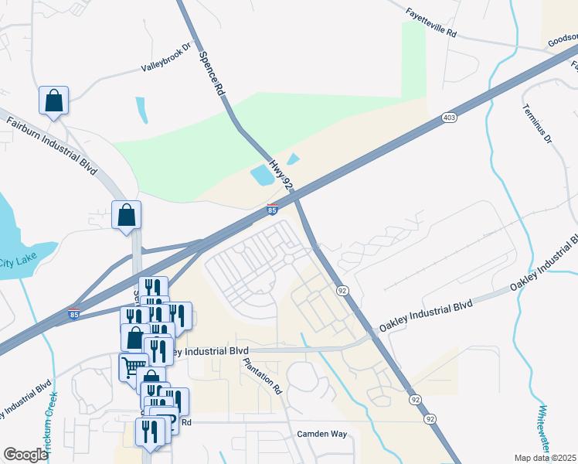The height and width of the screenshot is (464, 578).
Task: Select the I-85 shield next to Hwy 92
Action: pyautogui.click(x=272, y=210)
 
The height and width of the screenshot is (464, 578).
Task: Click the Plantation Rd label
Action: pyautogui.click(x=262, y=376)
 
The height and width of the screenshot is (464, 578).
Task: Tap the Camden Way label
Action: pyautogui.click(x=322, y=435)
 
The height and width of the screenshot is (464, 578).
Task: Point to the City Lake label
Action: pyautogui.click(x=15, y=261)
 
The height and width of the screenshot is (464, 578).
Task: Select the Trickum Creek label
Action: pyautogui.click(x=52, y=418)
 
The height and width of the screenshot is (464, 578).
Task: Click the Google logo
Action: pyautogui.click(x=25, y=455)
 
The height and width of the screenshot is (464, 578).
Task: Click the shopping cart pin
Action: pyautogui.click(x=133, y=367)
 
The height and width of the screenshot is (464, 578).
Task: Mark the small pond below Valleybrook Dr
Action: pyautogui.click(x=141, y=110)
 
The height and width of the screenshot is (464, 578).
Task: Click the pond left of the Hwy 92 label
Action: pyautogui.click(x=262, y=176)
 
